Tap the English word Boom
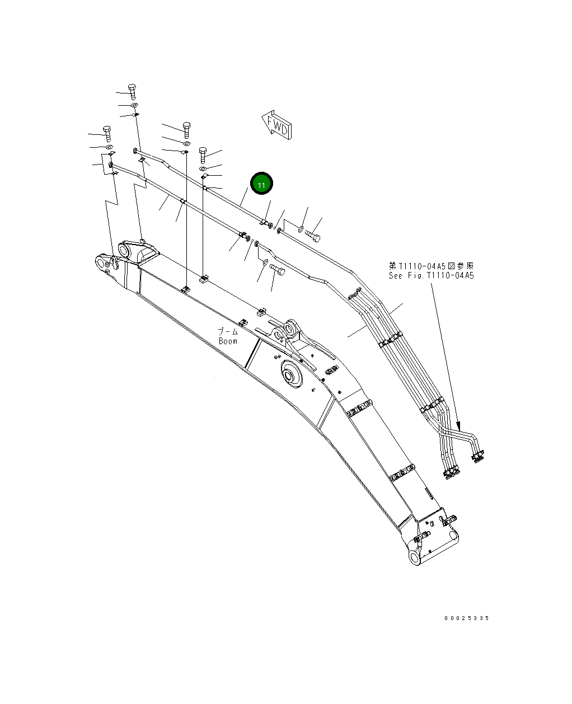coord(228,341)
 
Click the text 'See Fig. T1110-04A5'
coord(431,275)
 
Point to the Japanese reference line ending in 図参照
coord(431,266)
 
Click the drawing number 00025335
coord(466,618)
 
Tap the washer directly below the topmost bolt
coord(134,105)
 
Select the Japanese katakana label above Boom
coord(228,332)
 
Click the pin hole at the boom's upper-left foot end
coord(101,261)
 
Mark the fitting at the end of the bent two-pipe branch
coord(478,457)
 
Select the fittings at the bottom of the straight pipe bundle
coord(451,473)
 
